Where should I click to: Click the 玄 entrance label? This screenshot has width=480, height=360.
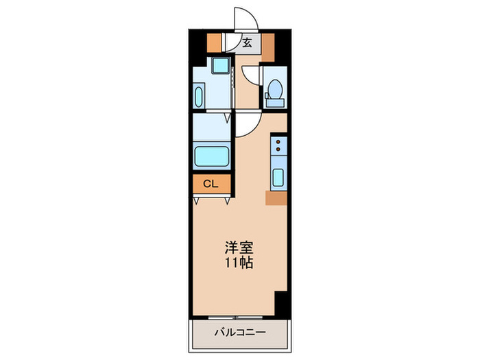[x=247, y=43]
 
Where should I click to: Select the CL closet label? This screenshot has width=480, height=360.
[x=211, y=184]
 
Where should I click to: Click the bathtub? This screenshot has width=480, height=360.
[x=213, y=156]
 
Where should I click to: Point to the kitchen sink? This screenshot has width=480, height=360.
[x=278, y=177]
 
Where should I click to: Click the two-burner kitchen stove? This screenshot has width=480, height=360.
[x=278, y=145]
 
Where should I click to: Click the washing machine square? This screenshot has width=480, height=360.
[x=219, y=66]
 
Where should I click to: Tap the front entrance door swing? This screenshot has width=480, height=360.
[x=244, y=21]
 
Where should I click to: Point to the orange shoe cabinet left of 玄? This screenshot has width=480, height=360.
[x=215, y=43]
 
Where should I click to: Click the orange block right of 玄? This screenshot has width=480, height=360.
[x=266, y=43]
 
